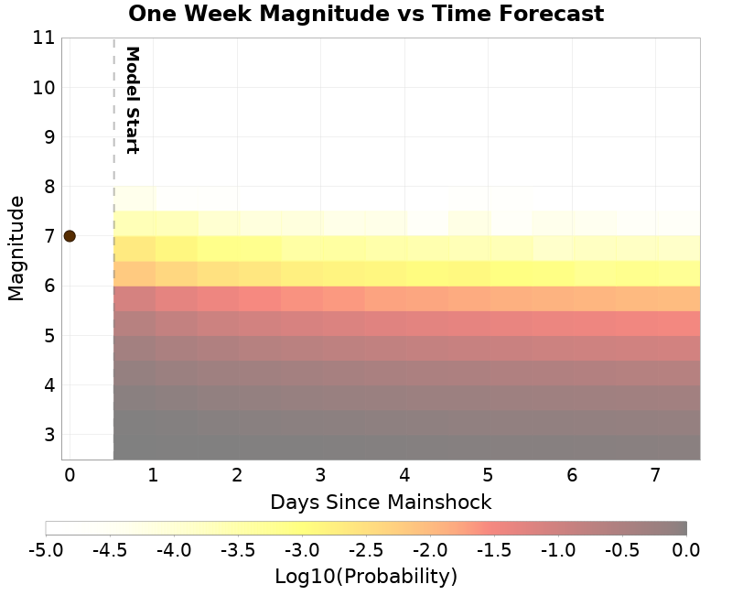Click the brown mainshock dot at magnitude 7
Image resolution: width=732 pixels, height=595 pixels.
point(69,235)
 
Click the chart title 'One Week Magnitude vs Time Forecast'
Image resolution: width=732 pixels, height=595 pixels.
point(366,14)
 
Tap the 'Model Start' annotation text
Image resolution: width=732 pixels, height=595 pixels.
point(132,100)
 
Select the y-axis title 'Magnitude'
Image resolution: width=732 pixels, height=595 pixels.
point(16,248)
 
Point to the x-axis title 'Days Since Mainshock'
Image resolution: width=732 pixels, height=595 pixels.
point(381,502)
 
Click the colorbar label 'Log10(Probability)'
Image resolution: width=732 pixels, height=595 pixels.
point(366,577)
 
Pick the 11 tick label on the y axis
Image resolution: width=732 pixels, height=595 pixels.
point(44,38)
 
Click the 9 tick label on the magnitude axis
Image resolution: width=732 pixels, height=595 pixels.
point(48,137)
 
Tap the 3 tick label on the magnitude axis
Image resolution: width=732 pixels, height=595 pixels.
point(48,434)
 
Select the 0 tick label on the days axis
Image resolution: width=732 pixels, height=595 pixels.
point(69,475)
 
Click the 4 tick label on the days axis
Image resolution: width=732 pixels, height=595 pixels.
point(404,475)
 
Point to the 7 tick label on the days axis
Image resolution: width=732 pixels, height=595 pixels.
point(655,475)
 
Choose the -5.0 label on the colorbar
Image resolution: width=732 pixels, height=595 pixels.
point(46,550)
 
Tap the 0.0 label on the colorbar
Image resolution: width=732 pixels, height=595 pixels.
point(686,550)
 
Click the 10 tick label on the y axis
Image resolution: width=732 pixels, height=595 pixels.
point(44,88)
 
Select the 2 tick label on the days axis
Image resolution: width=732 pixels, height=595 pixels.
point(237,475)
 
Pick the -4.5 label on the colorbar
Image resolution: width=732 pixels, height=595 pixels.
point(110,550)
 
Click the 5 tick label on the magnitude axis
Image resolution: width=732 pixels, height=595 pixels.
point(48,335)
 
